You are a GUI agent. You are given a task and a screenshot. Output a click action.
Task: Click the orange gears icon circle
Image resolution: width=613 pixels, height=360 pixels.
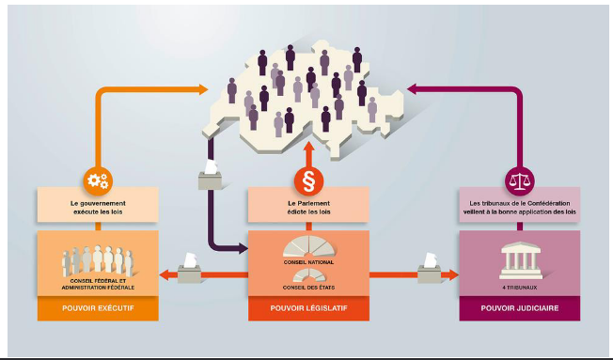tap(98, 181)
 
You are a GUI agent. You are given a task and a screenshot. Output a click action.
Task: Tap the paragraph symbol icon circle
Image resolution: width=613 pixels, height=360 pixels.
tap(308, 181)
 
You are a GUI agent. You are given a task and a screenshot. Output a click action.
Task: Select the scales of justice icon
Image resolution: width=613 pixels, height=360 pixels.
tap(520, 181)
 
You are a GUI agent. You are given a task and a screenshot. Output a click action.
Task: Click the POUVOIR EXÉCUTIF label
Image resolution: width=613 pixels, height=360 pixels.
tap(98, 308)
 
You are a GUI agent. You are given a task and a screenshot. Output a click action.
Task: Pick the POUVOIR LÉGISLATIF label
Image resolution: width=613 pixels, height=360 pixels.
tap(308, 308)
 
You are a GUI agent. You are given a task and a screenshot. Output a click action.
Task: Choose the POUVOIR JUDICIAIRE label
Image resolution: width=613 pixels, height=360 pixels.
tap(520, 308)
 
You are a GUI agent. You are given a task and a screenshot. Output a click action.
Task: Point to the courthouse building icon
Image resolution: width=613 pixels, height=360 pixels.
tap(521, 260)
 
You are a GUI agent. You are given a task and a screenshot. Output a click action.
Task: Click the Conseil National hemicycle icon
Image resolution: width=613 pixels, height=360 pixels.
tap(308, 246)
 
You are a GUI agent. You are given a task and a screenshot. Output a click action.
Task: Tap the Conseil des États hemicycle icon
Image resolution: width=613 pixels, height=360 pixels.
tap(308, 275)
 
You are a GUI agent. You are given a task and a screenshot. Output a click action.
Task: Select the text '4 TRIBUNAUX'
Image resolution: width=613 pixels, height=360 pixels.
tap(520, 288)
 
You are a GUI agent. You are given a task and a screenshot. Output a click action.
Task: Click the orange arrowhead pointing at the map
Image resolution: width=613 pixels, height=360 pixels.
tap(203, 89)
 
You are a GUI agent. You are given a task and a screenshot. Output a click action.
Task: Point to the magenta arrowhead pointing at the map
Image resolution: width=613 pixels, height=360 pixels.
tap(412, 88)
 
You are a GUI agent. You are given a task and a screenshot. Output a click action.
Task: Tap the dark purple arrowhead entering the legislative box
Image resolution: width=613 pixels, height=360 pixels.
tap(244, 248)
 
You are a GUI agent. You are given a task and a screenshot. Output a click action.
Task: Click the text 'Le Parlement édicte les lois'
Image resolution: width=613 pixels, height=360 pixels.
tap(308, 208)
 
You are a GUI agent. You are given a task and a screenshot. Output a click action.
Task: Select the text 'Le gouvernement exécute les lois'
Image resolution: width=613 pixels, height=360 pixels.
tap(98, 208)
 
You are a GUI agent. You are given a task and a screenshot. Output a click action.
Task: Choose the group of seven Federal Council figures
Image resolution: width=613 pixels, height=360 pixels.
tap(98, 260)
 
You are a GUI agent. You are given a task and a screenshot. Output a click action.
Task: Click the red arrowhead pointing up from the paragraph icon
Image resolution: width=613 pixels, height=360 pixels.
tap(308, 147)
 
